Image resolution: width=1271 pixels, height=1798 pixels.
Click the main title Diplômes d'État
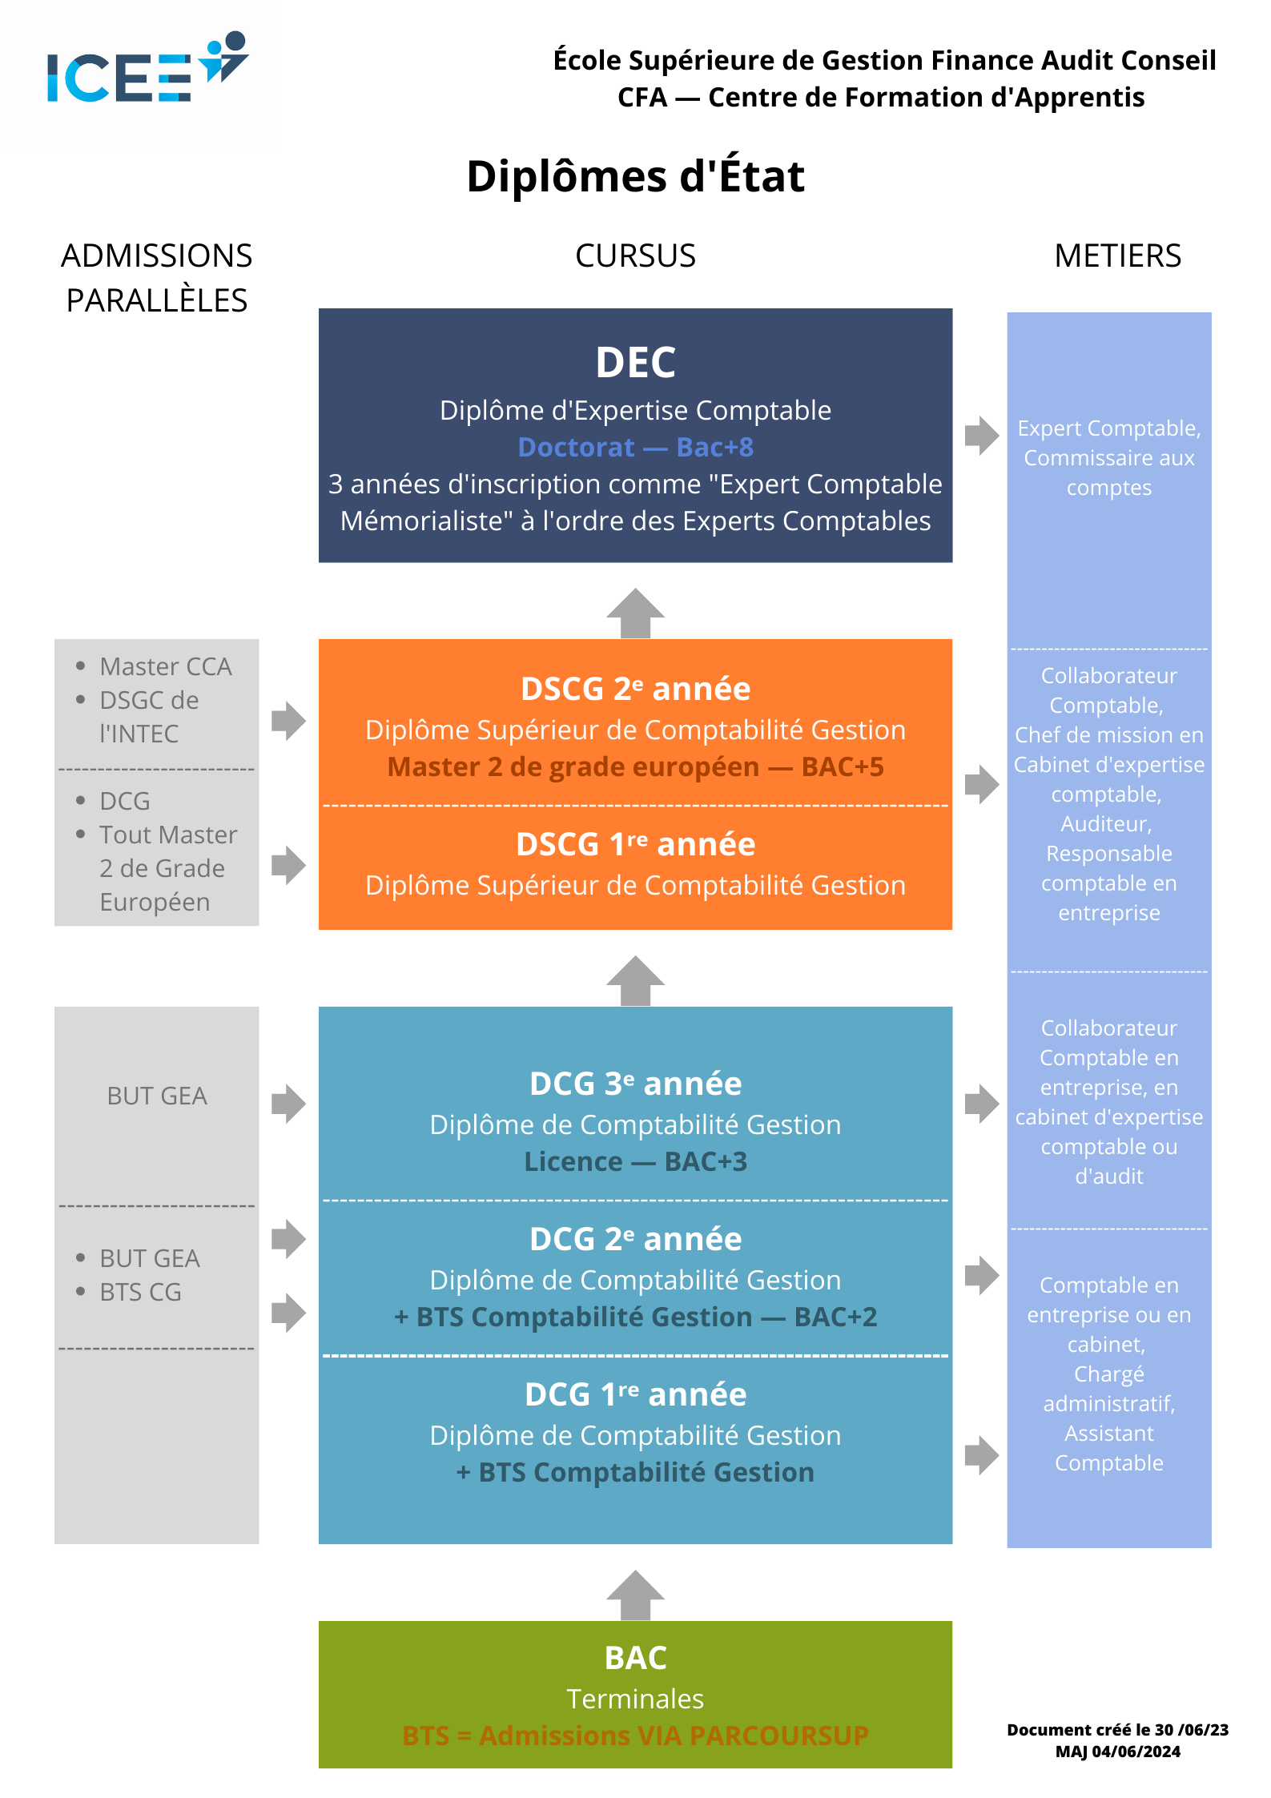635,176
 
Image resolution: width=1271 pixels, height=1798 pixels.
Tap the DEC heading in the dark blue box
635,362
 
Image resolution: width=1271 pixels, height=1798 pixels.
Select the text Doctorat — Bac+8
635,447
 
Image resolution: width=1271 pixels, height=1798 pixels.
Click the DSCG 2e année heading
635,689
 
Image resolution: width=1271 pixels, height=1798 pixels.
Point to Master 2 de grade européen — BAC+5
635,766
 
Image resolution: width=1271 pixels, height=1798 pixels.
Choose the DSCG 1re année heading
635,844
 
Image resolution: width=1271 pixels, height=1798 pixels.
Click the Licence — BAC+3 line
635,1161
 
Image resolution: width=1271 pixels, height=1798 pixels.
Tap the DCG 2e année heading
635,1239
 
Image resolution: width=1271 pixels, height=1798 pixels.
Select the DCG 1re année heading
635,1394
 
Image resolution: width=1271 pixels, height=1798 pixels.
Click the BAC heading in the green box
635,1658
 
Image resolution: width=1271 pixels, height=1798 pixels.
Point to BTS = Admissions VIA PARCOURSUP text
635,1736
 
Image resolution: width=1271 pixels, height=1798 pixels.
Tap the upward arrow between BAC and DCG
635,1595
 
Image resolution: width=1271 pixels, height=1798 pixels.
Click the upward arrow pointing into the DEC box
635,613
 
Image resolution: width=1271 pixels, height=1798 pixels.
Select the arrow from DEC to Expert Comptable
982,435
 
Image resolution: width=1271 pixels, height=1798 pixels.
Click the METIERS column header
1117,256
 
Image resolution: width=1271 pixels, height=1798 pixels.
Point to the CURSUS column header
635,256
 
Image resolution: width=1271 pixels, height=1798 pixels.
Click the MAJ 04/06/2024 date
1117,1752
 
